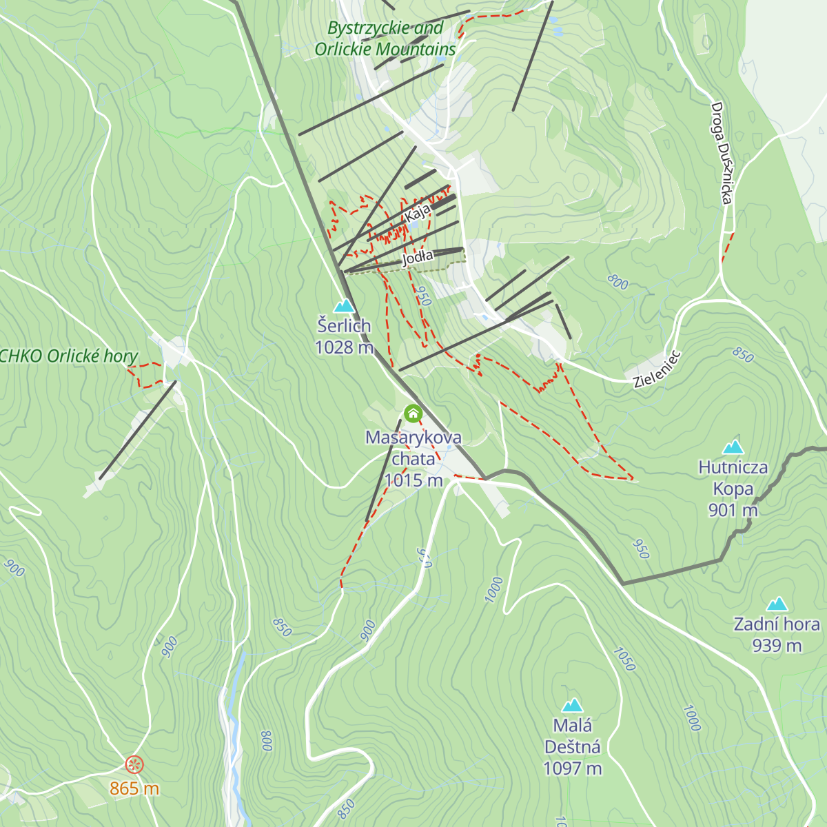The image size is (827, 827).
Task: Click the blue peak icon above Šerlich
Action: tap(343, 305)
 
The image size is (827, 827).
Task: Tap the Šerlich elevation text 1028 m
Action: tap(344, 347)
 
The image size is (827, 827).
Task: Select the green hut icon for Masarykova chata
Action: tap(413, 413)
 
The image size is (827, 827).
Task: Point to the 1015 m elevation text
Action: tap(413, 480)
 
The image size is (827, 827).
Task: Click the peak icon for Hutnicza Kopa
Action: tap(733, 447)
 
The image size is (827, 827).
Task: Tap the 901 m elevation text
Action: tap(733, 510)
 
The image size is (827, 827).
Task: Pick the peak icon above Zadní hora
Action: tap(777, 604)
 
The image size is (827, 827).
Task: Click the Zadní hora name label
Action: tap(777, 624)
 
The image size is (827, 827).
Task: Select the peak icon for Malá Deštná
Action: tap(572, 705)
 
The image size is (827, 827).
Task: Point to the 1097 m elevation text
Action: tap(572, 768)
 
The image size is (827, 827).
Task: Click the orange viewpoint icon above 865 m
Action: tap(134, 764)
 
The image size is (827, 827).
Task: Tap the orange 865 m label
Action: tap(134, 788)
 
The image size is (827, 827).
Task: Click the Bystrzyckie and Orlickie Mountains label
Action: tap(385, 39)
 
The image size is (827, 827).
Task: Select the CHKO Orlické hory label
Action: tap(69, 356)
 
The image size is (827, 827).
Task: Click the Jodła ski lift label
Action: tap(418, 257)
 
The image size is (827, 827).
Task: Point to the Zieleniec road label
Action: tap(657, 370)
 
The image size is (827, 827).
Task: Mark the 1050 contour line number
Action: tap(624, 659)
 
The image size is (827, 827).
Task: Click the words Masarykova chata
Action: tap(413, 448)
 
